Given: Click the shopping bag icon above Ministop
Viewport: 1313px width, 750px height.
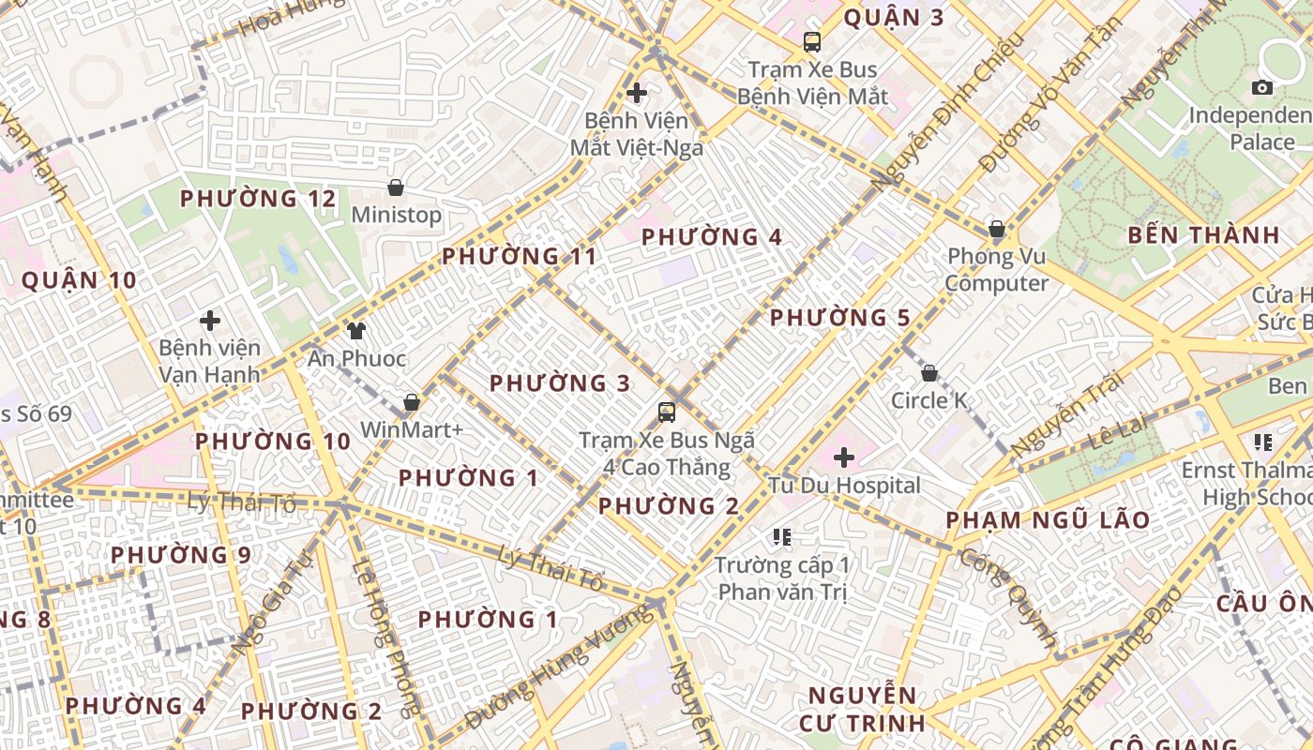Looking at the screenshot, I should (396, 187).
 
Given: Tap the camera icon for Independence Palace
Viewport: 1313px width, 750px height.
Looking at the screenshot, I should (1262, 87).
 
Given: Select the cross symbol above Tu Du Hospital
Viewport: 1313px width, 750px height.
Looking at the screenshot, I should (844, 457).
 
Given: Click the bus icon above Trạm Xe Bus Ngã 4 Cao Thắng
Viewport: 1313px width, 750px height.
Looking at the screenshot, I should (667, 412).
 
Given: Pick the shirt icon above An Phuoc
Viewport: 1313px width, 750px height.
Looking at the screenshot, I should (356, 330).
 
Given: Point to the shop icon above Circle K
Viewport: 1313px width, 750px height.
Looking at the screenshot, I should (929, 373).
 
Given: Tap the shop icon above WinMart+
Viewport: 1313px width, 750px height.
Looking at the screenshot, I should (411, 402).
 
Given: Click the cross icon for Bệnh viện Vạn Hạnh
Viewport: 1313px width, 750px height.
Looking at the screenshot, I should (210, 321).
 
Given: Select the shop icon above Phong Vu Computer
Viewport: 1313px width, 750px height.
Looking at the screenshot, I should (996, 229).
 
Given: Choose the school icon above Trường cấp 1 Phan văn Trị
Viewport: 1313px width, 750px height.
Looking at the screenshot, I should (781, 537).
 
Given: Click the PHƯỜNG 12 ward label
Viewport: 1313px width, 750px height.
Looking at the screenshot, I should (258, 199).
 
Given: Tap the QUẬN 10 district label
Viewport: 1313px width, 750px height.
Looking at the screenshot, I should (79, 280).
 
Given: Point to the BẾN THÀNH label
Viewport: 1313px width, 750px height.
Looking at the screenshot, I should (1203, 235).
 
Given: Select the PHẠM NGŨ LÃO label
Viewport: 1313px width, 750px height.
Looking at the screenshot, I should (1047, 520).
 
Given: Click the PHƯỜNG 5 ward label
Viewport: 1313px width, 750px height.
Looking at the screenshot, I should (839, 318).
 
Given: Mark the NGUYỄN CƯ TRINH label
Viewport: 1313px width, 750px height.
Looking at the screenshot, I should (862, 709).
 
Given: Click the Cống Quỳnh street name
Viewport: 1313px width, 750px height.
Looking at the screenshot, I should (1008, 596).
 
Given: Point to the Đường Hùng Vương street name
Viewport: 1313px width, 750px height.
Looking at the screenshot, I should (559, 666).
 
